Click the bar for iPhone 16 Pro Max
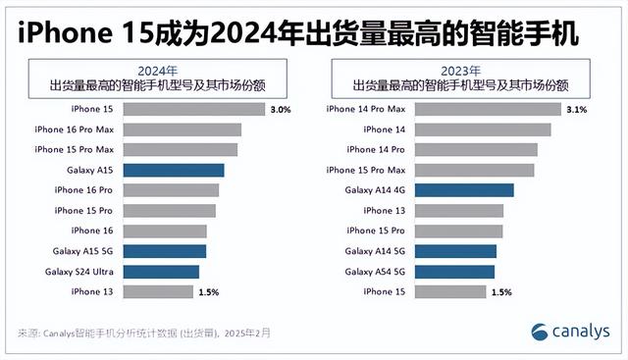182,129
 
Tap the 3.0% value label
280,110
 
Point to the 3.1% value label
576,110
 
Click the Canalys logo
569,331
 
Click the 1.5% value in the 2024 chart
208,292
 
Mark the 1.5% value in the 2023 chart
500,292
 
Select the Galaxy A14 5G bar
455,251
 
